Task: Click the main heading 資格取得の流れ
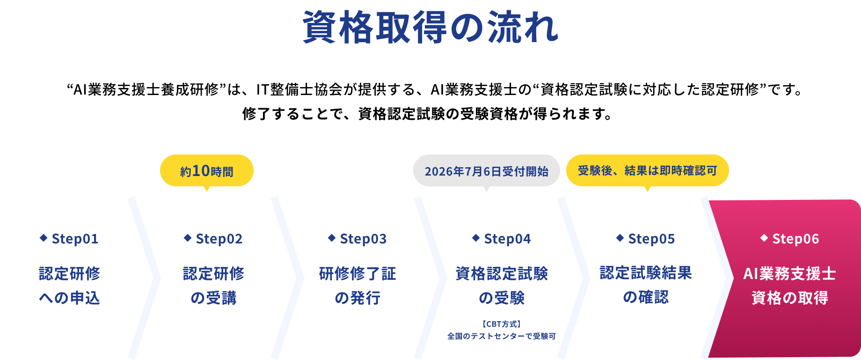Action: point(430,27)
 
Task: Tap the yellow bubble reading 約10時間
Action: point(207,171)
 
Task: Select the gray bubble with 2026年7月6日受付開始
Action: point(487,171)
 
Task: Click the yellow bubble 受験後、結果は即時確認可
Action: point(648,171)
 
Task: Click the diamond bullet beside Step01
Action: point(44,238)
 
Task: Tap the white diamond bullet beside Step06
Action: point(764,238)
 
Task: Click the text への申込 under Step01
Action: point(69,298)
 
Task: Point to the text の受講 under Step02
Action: point(213,298)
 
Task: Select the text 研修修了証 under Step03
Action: point(358,273)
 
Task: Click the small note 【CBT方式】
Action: point(502,324)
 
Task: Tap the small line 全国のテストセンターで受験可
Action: point(502,336)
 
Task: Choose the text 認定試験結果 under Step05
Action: point(646,272)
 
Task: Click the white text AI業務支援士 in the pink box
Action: point(790,273)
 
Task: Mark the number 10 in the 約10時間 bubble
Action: point(201,171)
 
